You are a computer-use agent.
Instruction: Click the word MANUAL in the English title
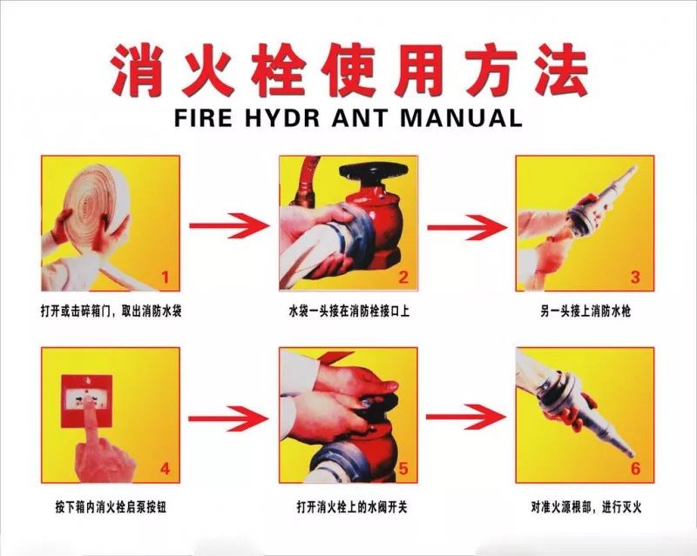(460, 117)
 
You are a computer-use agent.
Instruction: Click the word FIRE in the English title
(203, 117)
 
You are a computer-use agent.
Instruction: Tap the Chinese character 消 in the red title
(136, 70)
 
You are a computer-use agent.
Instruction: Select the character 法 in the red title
(561, 70)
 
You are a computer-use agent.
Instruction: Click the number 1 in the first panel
(166, 278)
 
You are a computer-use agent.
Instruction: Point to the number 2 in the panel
(403, 278)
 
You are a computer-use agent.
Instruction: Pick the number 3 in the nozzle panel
(636, 278)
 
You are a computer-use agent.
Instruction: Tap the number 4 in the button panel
(165, 468)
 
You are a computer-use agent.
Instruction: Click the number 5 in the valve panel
(403, 468)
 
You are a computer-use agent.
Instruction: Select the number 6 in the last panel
(636, 468)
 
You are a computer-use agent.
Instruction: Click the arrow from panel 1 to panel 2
(229, 225)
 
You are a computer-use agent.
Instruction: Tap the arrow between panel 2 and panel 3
(467, 227)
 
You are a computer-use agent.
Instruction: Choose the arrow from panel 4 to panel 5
(228, 419)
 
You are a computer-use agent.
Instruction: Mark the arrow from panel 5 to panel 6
(466, 417)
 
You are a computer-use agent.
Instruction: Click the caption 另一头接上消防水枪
(585, 311)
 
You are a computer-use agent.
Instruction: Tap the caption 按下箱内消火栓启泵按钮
(111, 506)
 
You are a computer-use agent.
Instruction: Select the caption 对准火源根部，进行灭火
(585, 506)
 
